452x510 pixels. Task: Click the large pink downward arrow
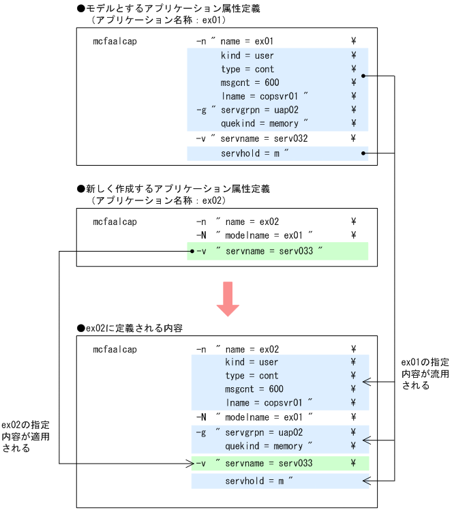pyautogui.click(x=227, y=298)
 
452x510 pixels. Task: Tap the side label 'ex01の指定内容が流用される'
pyautogui.click(x=419, y=373)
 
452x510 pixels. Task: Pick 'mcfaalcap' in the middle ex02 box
pyautogui.click(x=115, y=222)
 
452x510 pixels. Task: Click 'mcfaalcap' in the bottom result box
pyautogui.click(x=115, y=350)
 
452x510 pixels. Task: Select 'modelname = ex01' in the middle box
pyautogui.click(x=266, y=235)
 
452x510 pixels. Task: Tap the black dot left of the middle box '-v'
pyautogui.click(x=192, y=252)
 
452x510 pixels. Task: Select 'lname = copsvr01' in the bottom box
pyautogui.click(x=269, y=402)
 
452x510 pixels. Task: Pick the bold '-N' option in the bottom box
pyautogui.click(x=201, y=417)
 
